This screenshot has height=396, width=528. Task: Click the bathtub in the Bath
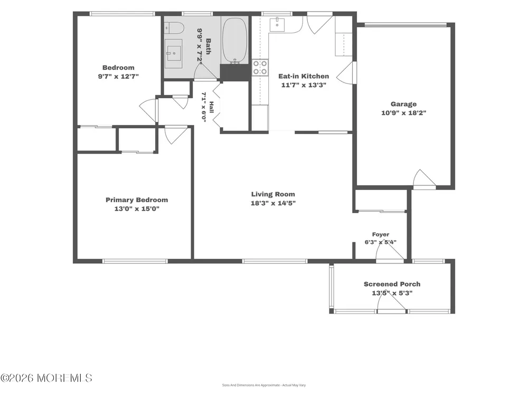click(x=234, y=40)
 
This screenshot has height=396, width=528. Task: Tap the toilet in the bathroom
click(x=173, y=28)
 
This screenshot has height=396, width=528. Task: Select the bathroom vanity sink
click(x=173, y=53)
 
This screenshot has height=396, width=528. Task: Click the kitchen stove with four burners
click(x=260, y=67)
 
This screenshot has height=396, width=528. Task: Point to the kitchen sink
click(x=277, y=25)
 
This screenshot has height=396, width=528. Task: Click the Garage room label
click(x=403, y=104)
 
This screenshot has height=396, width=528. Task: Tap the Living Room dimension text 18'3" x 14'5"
click(x=273, y=203)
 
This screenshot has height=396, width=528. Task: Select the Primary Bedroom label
click(x=137, y=200)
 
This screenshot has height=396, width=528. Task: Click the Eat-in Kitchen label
click(x=304, y=76)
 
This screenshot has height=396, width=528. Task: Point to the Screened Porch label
click(x=392, y=284)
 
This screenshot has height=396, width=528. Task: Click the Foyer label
click(x=381, y=234)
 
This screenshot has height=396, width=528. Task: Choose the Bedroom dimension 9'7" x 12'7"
click(x=118, y=77)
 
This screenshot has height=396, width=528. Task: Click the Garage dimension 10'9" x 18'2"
click(x=403, y=113)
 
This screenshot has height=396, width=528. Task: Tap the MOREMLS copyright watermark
click(x=46, y=378)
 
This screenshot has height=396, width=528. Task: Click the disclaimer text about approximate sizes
click(x=263, y=385)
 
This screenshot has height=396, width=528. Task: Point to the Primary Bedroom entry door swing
click(x=175, y=135)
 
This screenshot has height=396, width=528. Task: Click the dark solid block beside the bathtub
click(x=235, y=72)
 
